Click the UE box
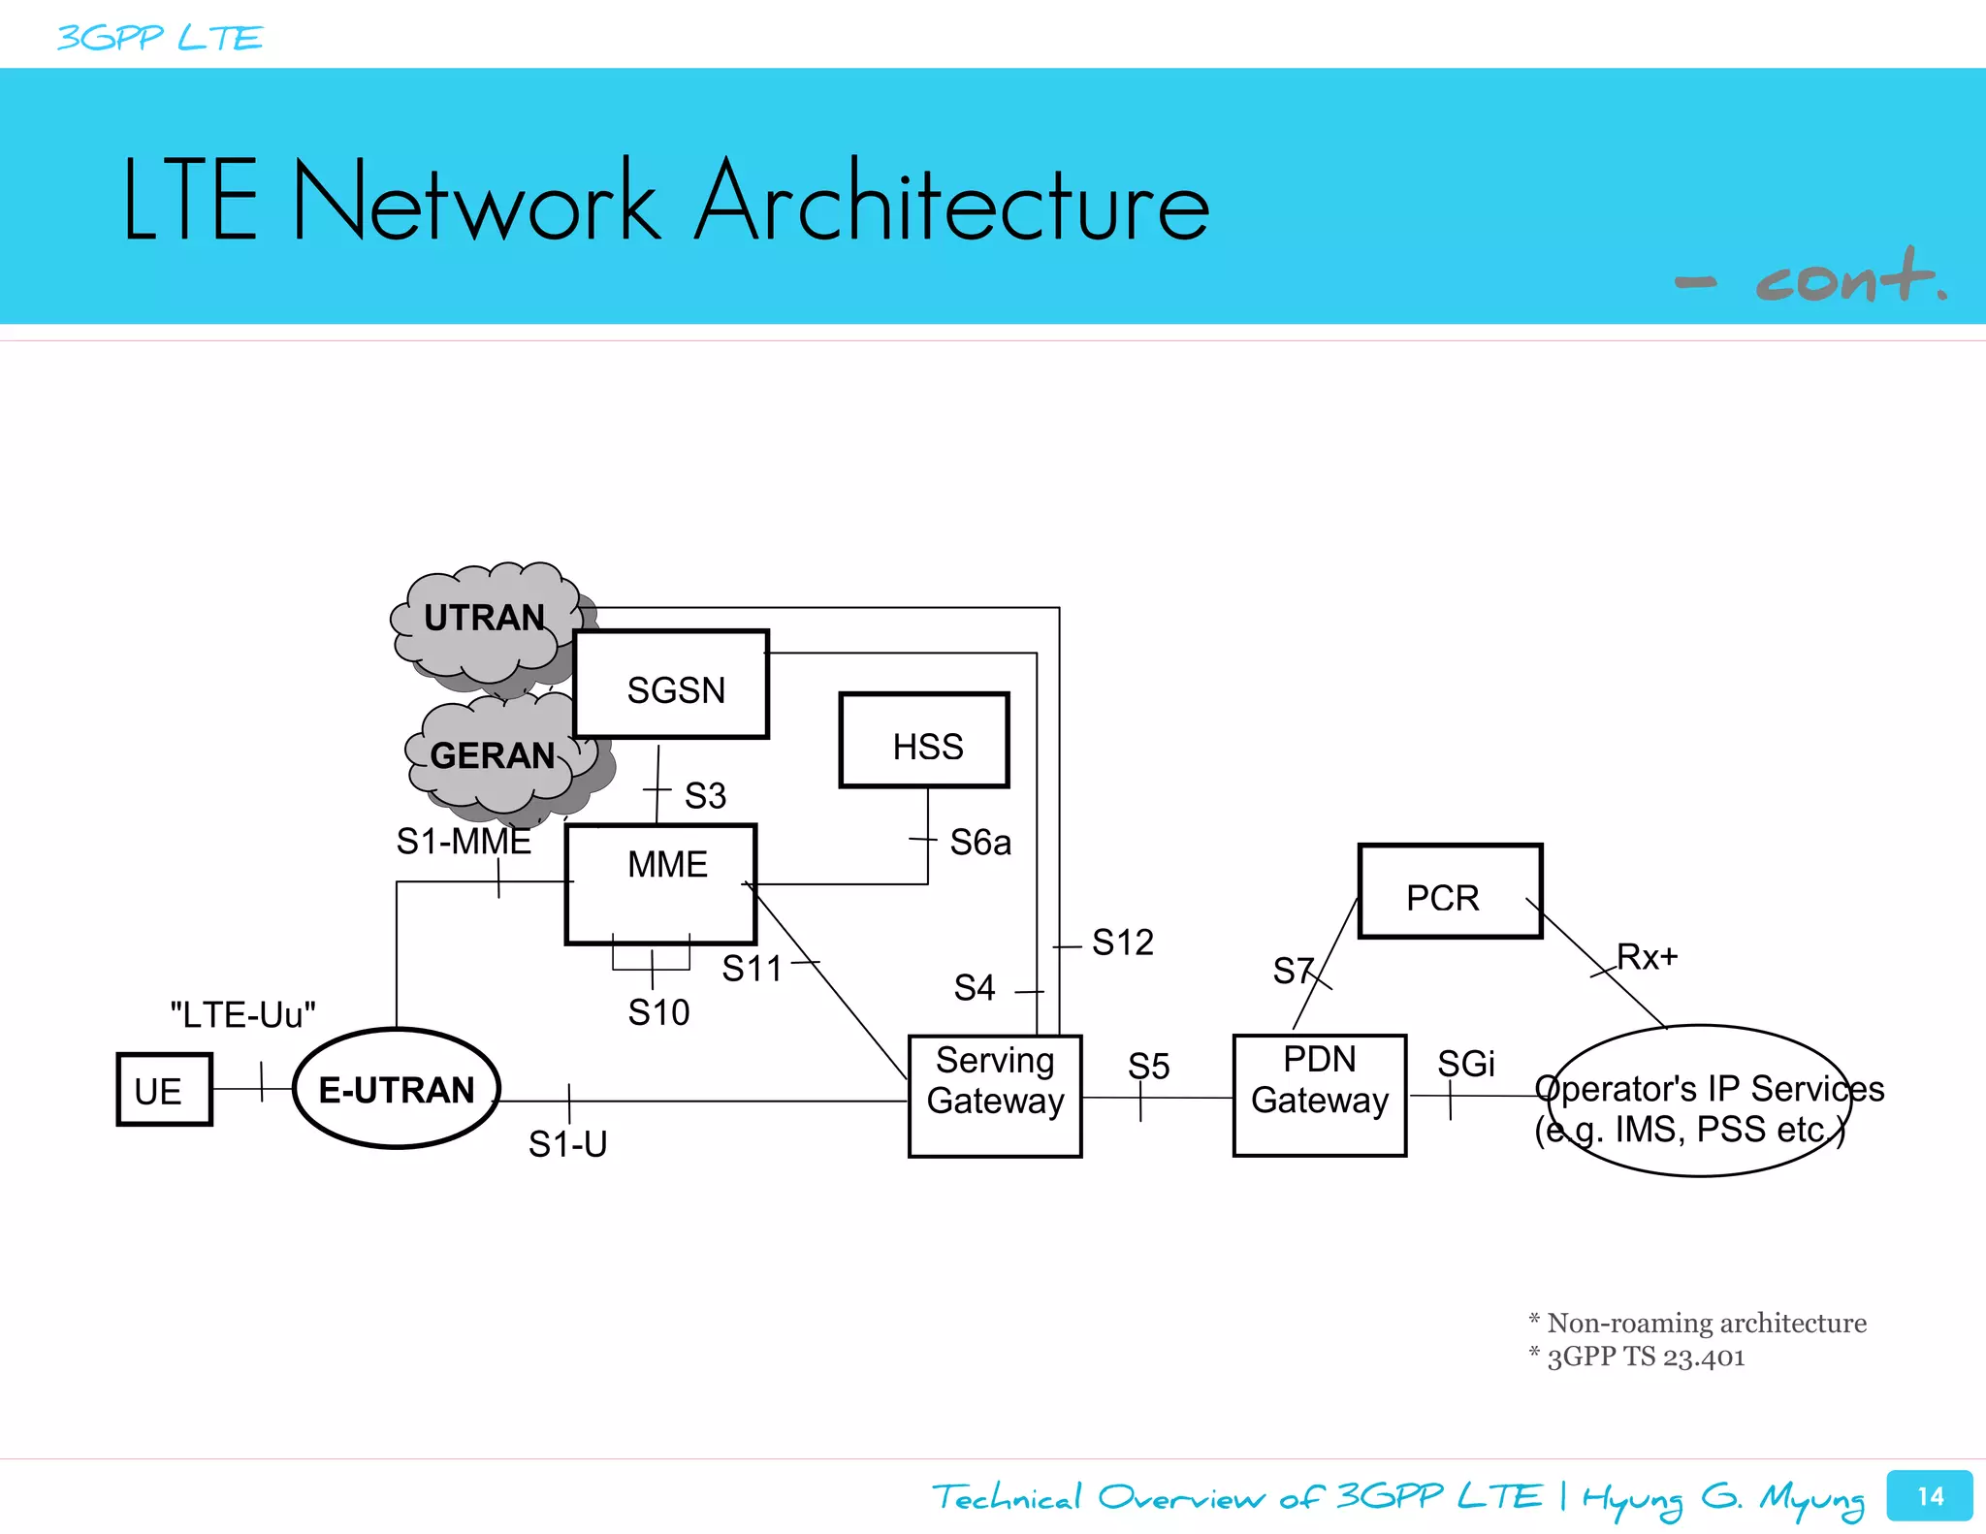(x=164, y=1089)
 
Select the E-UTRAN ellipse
(x=397, y=1089)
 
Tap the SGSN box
(x=671, y=685)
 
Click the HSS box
(x=924, y=741)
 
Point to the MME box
(x=660, y=883)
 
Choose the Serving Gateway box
(x=995, y=1096)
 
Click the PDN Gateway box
(x=1319, y=1095)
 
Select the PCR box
(x=1450, y=891)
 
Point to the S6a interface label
(x=979, y=843)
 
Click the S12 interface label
(x=1122, y=943)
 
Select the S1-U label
(x=567, y=1144)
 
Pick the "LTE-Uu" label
(x=242, y=1015)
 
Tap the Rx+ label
(x=1647, y=957)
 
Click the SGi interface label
(x=1465, y=1064)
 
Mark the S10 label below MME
(x=658, y=1013)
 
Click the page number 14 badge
(x=1929, y=1496)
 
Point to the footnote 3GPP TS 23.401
(x=1645, y=1357)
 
